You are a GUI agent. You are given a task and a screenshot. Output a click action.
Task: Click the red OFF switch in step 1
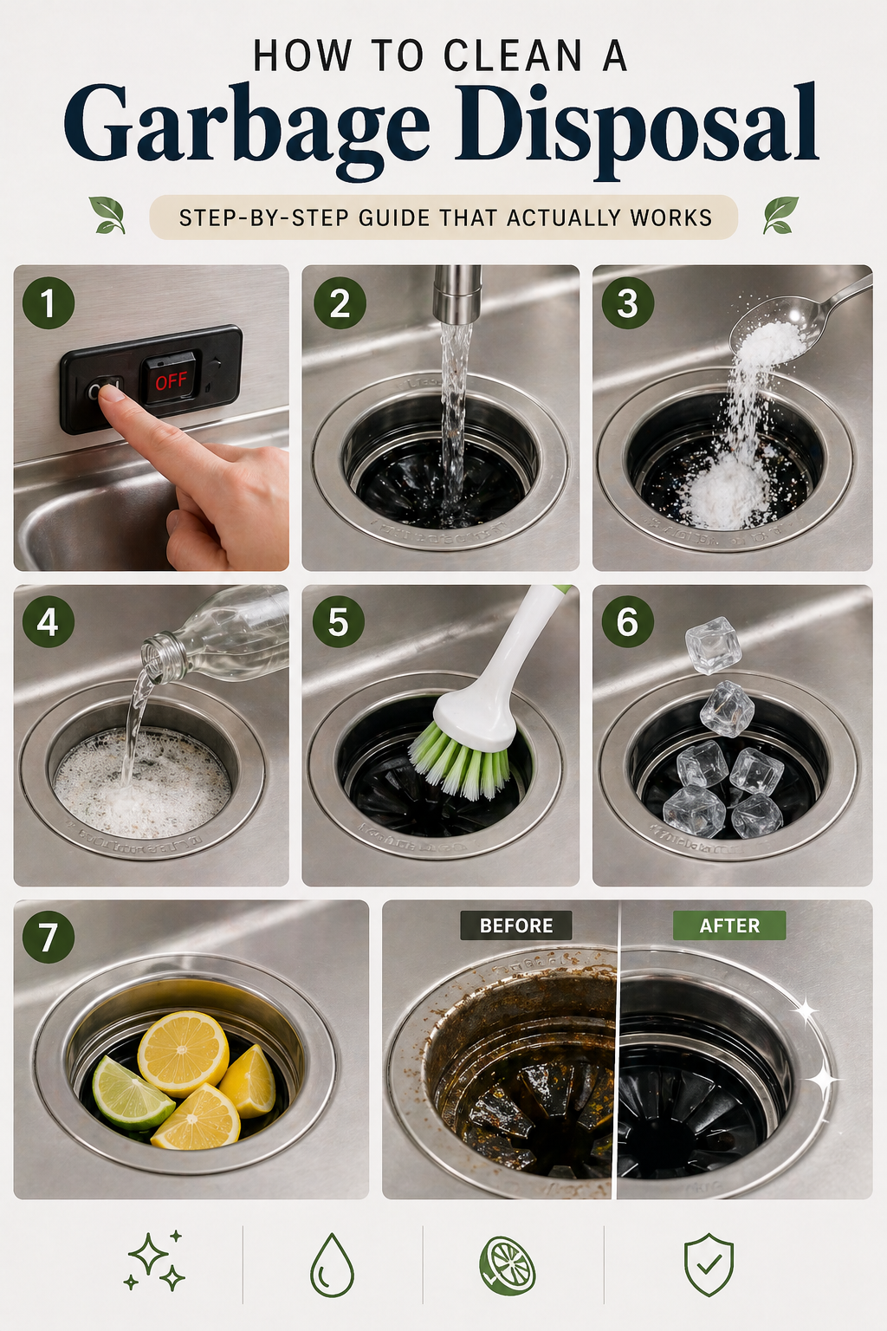(172, 380)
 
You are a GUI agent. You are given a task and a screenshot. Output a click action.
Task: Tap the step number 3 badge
(627, 303)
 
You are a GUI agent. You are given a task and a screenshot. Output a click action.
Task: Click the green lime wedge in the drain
(130, 1094)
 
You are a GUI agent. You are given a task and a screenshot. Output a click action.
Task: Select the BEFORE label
(516, 925)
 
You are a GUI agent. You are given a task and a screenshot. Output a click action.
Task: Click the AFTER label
(729, 925)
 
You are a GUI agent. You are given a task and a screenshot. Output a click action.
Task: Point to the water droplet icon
(332, 1266)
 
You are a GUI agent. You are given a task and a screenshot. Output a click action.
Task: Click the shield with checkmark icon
(709, 1265)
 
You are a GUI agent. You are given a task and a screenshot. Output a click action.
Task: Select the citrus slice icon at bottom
(508, 1266)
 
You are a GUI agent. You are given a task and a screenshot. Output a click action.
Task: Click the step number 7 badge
(49, 937)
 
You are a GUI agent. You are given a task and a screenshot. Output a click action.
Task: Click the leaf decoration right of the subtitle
(780, 215)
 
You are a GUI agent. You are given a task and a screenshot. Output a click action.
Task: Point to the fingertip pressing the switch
(110, 395)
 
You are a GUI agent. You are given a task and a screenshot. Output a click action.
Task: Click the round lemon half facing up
(183, 1054)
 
